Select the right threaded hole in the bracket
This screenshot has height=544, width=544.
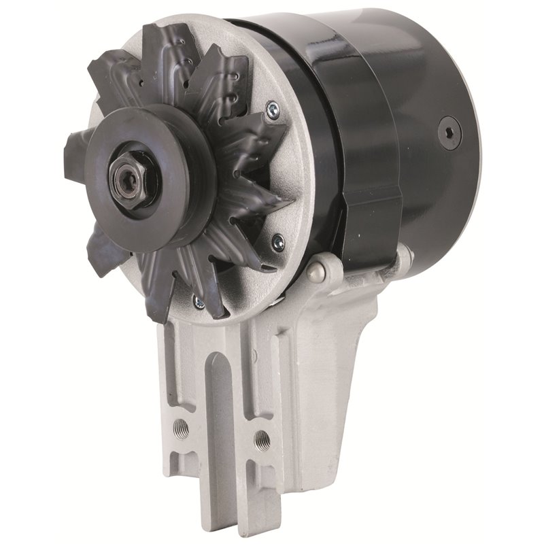pos(258,439)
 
